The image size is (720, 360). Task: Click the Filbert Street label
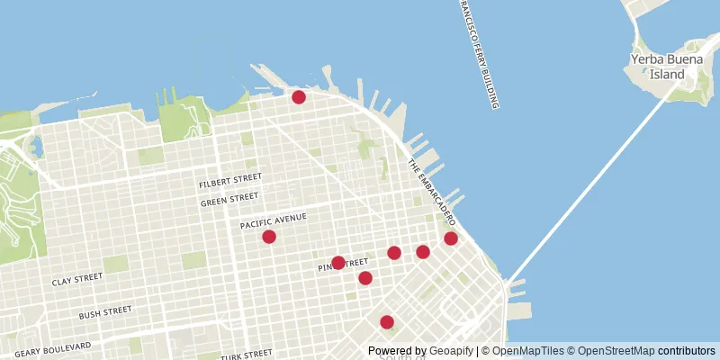coord(230,184)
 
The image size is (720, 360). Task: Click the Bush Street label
coord(105,312)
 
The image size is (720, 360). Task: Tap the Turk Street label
coord(247,355)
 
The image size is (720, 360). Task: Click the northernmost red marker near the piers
coord(299,96)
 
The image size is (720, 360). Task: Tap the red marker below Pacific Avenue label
coord(268,237)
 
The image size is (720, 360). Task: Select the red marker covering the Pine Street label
coord(337,264)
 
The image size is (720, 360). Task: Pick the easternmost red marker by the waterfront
coord(451,238)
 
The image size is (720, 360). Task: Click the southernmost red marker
coord(387,322)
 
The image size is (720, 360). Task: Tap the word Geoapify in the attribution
coord(453,351)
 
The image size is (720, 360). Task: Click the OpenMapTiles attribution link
coord(528,351)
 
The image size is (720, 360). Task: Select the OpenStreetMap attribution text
coord(618,351)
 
